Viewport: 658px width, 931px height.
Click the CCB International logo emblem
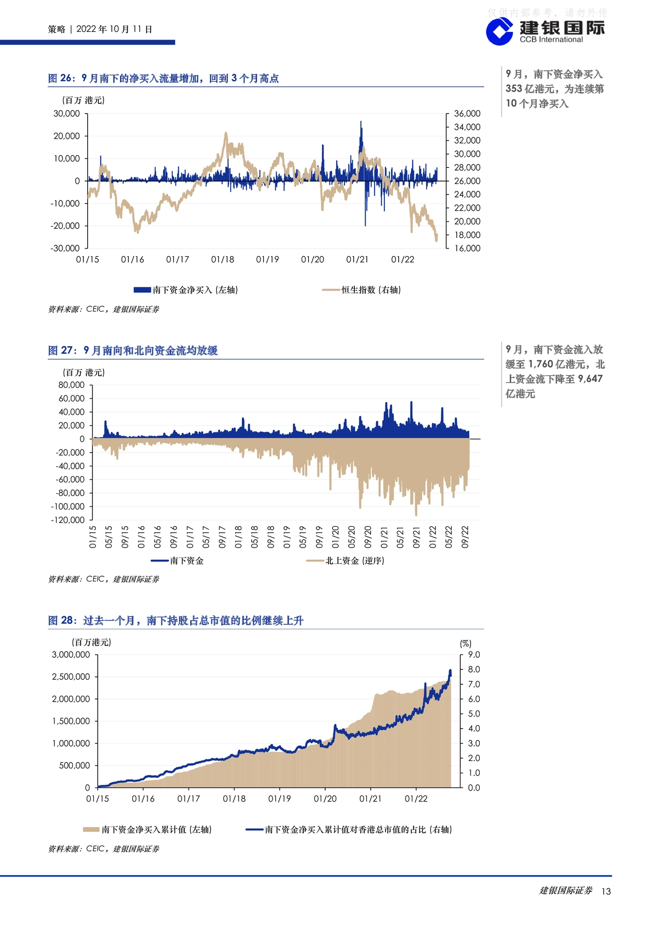(x=500, y=32)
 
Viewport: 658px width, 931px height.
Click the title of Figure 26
(x=163, y=78)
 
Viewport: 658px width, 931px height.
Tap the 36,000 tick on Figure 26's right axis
(x=467, y=114)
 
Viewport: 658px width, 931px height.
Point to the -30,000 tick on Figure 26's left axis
(x=65, y=248)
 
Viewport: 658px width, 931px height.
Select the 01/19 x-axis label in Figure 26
(x=267, y=259)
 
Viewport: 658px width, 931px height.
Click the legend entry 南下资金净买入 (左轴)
(x=186, y=290)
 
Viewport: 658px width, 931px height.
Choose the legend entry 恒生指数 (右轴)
(x=361, y=290)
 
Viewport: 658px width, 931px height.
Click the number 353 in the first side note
(x=514, y=88)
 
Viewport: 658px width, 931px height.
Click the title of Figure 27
(x=133, y=351)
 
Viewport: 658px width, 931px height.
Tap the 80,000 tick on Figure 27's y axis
(x=71, y=385)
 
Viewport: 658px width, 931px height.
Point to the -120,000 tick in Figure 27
(x=67, y=520)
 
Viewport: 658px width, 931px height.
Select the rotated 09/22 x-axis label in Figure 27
(x=465, y=537)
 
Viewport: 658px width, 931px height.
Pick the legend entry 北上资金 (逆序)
(x=345, y=561)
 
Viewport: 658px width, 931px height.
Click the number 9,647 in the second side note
(x=591, y=379)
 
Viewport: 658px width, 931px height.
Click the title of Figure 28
(x=175, y=620)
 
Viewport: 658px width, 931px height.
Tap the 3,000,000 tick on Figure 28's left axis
(x=71, y=654)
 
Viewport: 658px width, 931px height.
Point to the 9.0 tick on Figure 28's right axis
(x=474, y=654)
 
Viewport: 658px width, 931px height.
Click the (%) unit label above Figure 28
(x=466, y=644)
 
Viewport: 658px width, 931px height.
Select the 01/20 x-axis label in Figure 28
(x=325, y=798)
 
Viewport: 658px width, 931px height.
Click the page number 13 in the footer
(x=606, y=891)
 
